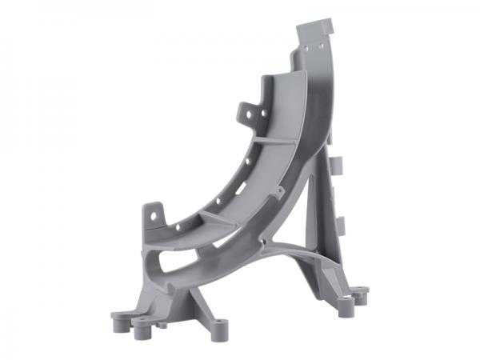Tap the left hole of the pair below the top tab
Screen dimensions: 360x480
point(305,50)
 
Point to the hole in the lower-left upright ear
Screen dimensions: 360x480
point(154,214)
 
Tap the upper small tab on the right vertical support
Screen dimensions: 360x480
point(337,166)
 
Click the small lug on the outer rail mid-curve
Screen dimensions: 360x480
point(278,193)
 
